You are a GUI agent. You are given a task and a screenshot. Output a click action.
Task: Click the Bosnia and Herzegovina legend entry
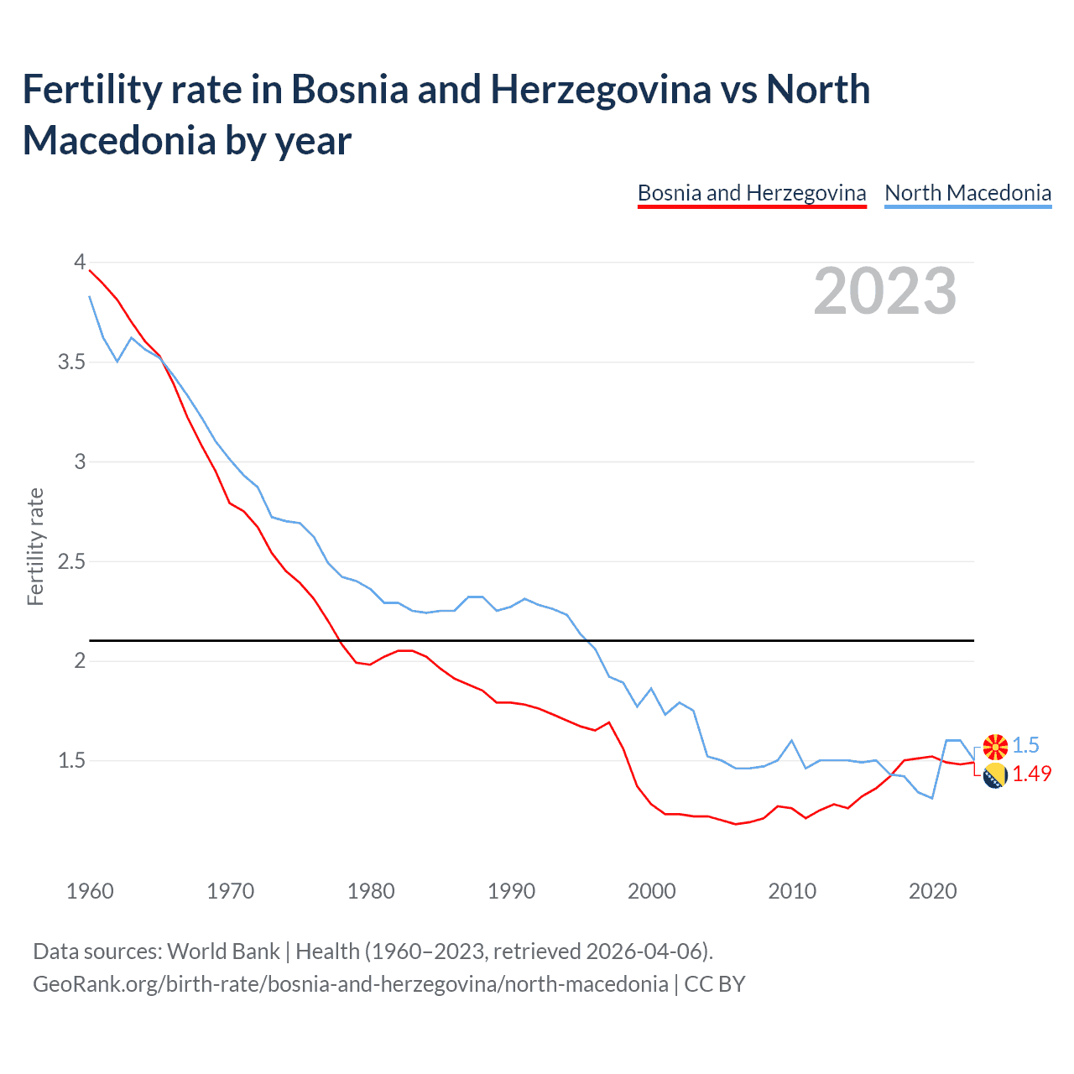751,193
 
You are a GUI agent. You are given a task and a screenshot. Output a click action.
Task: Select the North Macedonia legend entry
967,193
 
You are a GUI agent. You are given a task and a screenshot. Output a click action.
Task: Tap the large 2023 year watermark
885,291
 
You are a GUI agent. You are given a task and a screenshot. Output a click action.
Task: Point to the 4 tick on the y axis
80,262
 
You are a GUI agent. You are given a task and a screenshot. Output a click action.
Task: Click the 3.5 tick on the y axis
71,362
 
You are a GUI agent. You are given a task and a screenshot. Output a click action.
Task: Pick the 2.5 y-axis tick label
71,561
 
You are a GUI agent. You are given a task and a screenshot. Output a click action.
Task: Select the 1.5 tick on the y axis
71,760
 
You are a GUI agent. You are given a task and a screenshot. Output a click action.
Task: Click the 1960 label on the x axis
90,891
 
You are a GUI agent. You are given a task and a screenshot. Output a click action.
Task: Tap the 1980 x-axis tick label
371,891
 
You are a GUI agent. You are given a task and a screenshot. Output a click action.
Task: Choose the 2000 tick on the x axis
651,891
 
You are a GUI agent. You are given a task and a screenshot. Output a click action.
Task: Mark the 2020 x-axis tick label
932,891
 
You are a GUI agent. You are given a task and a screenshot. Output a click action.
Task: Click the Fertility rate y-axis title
35,546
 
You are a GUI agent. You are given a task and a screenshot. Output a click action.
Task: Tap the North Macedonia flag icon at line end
995,746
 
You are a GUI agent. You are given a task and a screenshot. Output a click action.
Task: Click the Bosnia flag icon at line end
995,776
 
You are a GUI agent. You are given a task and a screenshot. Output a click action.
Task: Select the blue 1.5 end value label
1025,745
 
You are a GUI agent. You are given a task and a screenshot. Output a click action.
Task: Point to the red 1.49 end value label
1031,774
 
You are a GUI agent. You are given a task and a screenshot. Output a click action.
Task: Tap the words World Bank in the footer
223,951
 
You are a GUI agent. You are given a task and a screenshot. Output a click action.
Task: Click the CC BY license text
715,983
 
